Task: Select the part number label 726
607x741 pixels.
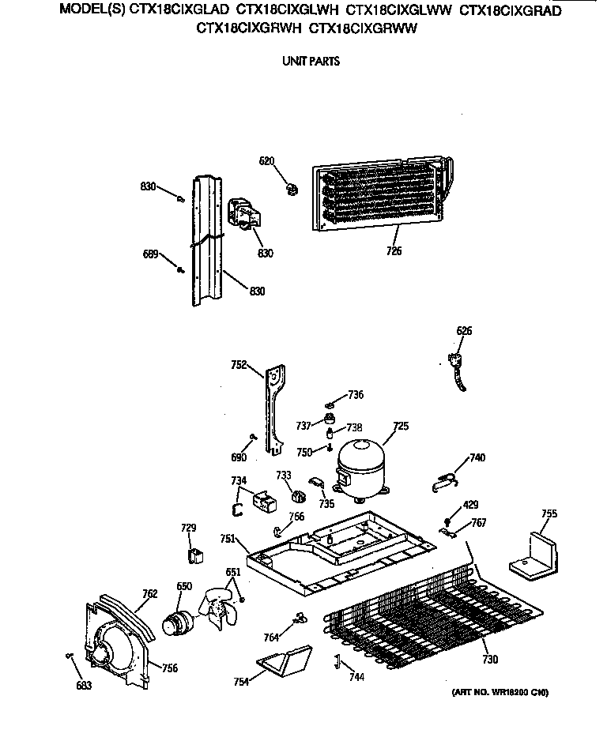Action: [x=394, y=251]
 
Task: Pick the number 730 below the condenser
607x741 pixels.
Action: [x=490, y=660]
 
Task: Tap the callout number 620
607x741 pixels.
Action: [x=267, y=161]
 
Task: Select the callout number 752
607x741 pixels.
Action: [x=239, y=365]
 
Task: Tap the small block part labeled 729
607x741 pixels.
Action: [x=192, y=555]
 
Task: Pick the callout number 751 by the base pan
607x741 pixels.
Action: [x=228, y=539]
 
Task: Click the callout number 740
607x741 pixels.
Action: [x=477, y=457]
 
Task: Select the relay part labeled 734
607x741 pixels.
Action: [x=263, y=499]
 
